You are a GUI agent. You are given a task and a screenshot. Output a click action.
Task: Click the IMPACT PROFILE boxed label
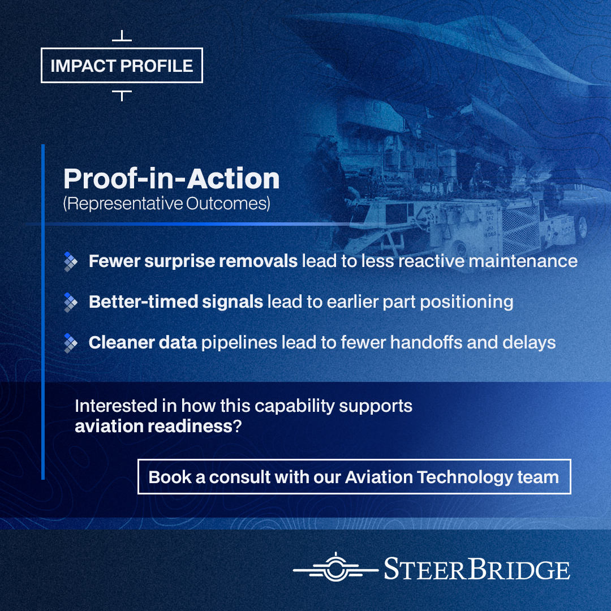(122, 66)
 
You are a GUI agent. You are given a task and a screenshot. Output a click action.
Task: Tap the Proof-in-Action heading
(171, 179)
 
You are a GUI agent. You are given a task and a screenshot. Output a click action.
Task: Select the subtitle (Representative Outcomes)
(166, 204)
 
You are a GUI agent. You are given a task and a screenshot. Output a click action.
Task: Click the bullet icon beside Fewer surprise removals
(71, 261)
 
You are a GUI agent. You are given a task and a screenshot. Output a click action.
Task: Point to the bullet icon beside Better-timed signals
(71, 302)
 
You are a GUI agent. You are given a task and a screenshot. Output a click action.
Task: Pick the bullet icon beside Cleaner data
(71, 343)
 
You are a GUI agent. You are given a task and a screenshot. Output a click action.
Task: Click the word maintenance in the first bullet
(523, 261)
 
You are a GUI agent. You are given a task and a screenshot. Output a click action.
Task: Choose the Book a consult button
(354, 476)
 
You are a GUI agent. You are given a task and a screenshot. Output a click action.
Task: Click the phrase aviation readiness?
(158, 427)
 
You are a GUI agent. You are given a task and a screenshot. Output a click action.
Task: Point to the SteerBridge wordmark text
(477, 569)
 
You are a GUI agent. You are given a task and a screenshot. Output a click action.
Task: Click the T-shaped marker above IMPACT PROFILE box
(122, 36)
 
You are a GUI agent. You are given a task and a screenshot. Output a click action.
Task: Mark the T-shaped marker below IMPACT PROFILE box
(122, 95)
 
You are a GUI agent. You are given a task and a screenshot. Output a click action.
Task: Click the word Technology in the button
(465, 477)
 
